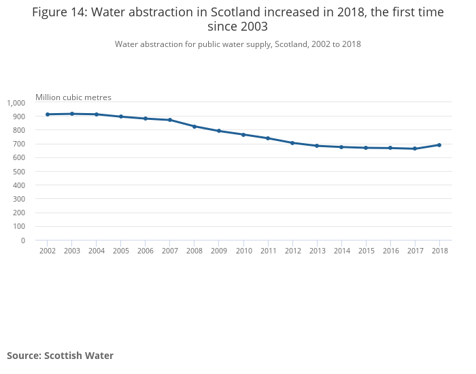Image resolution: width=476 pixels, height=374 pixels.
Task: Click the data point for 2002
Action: click(48, 114)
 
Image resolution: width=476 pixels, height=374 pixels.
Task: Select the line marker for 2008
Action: click(194, 127)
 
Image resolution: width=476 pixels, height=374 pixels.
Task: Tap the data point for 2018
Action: click(439, 145)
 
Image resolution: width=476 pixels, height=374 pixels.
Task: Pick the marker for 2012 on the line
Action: click(292, 143)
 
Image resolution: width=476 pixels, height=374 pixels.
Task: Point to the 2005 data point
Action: click(121, 116)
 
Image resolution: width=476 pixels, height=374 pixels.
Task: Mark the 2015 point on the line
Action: click(366, 148)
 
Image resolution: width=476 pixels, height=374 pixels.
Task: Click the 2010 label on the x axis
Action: click(243, 251)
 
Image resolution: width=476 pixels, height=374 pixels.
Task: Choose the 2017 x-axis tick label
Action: click(415, 251)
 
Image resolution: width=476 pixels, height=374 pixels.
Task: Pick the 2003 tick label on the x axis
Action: click(72, 251)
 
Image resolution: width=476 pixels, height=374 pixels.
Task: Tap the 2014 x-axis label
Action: click(341, 251)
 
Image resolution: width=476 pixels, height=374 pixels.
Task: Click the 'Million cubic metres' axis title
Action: click(73, 97)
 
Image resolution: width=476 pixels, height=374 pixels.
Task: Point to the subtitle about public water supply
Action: click(238, 44)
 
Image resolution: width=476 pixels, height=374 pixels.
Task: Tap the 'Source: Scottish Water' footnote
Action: click(60, 356)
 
